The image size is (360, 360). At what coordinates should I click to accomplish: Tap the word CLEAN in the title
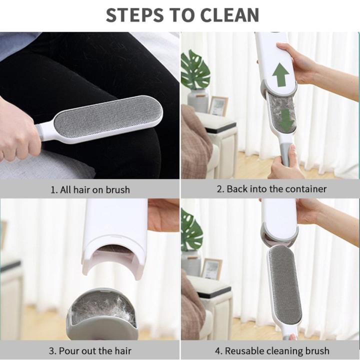[231, 15]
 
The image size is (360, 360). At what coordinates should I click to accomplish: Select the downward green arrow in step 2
[286, 120]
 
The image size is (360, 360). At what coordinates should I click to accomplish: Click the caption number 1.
[52, 189]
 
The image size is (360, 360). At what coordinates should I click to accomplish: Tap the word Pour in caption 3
[68, 350]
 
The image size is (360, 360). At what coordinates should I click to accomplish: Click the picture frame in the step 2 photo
[217, 106]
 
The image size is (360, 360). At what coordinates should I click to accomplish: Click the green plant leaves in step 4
[191, 231]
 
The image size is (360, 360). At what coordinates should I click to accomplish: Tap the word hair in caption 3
[120, 350]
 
